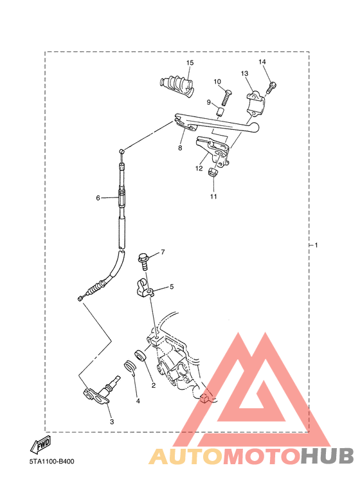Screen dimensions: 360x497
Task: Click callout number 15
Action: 190,63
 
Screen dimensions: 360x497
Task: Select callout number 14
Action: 262,62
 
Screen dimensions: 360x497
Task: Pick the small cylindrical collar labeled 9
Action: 220,111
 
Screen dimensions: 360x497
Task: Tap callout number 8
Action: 180,148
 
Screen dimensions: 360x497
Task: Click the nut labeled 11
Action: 213,174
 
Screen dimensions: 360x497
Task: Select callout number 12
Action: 199,168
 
